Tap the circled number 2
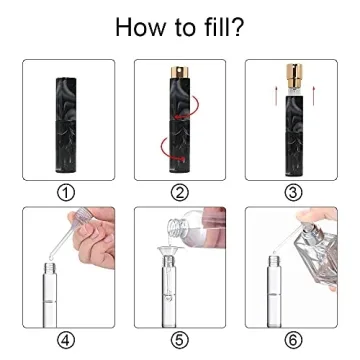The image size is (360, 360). coord(181,191)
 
